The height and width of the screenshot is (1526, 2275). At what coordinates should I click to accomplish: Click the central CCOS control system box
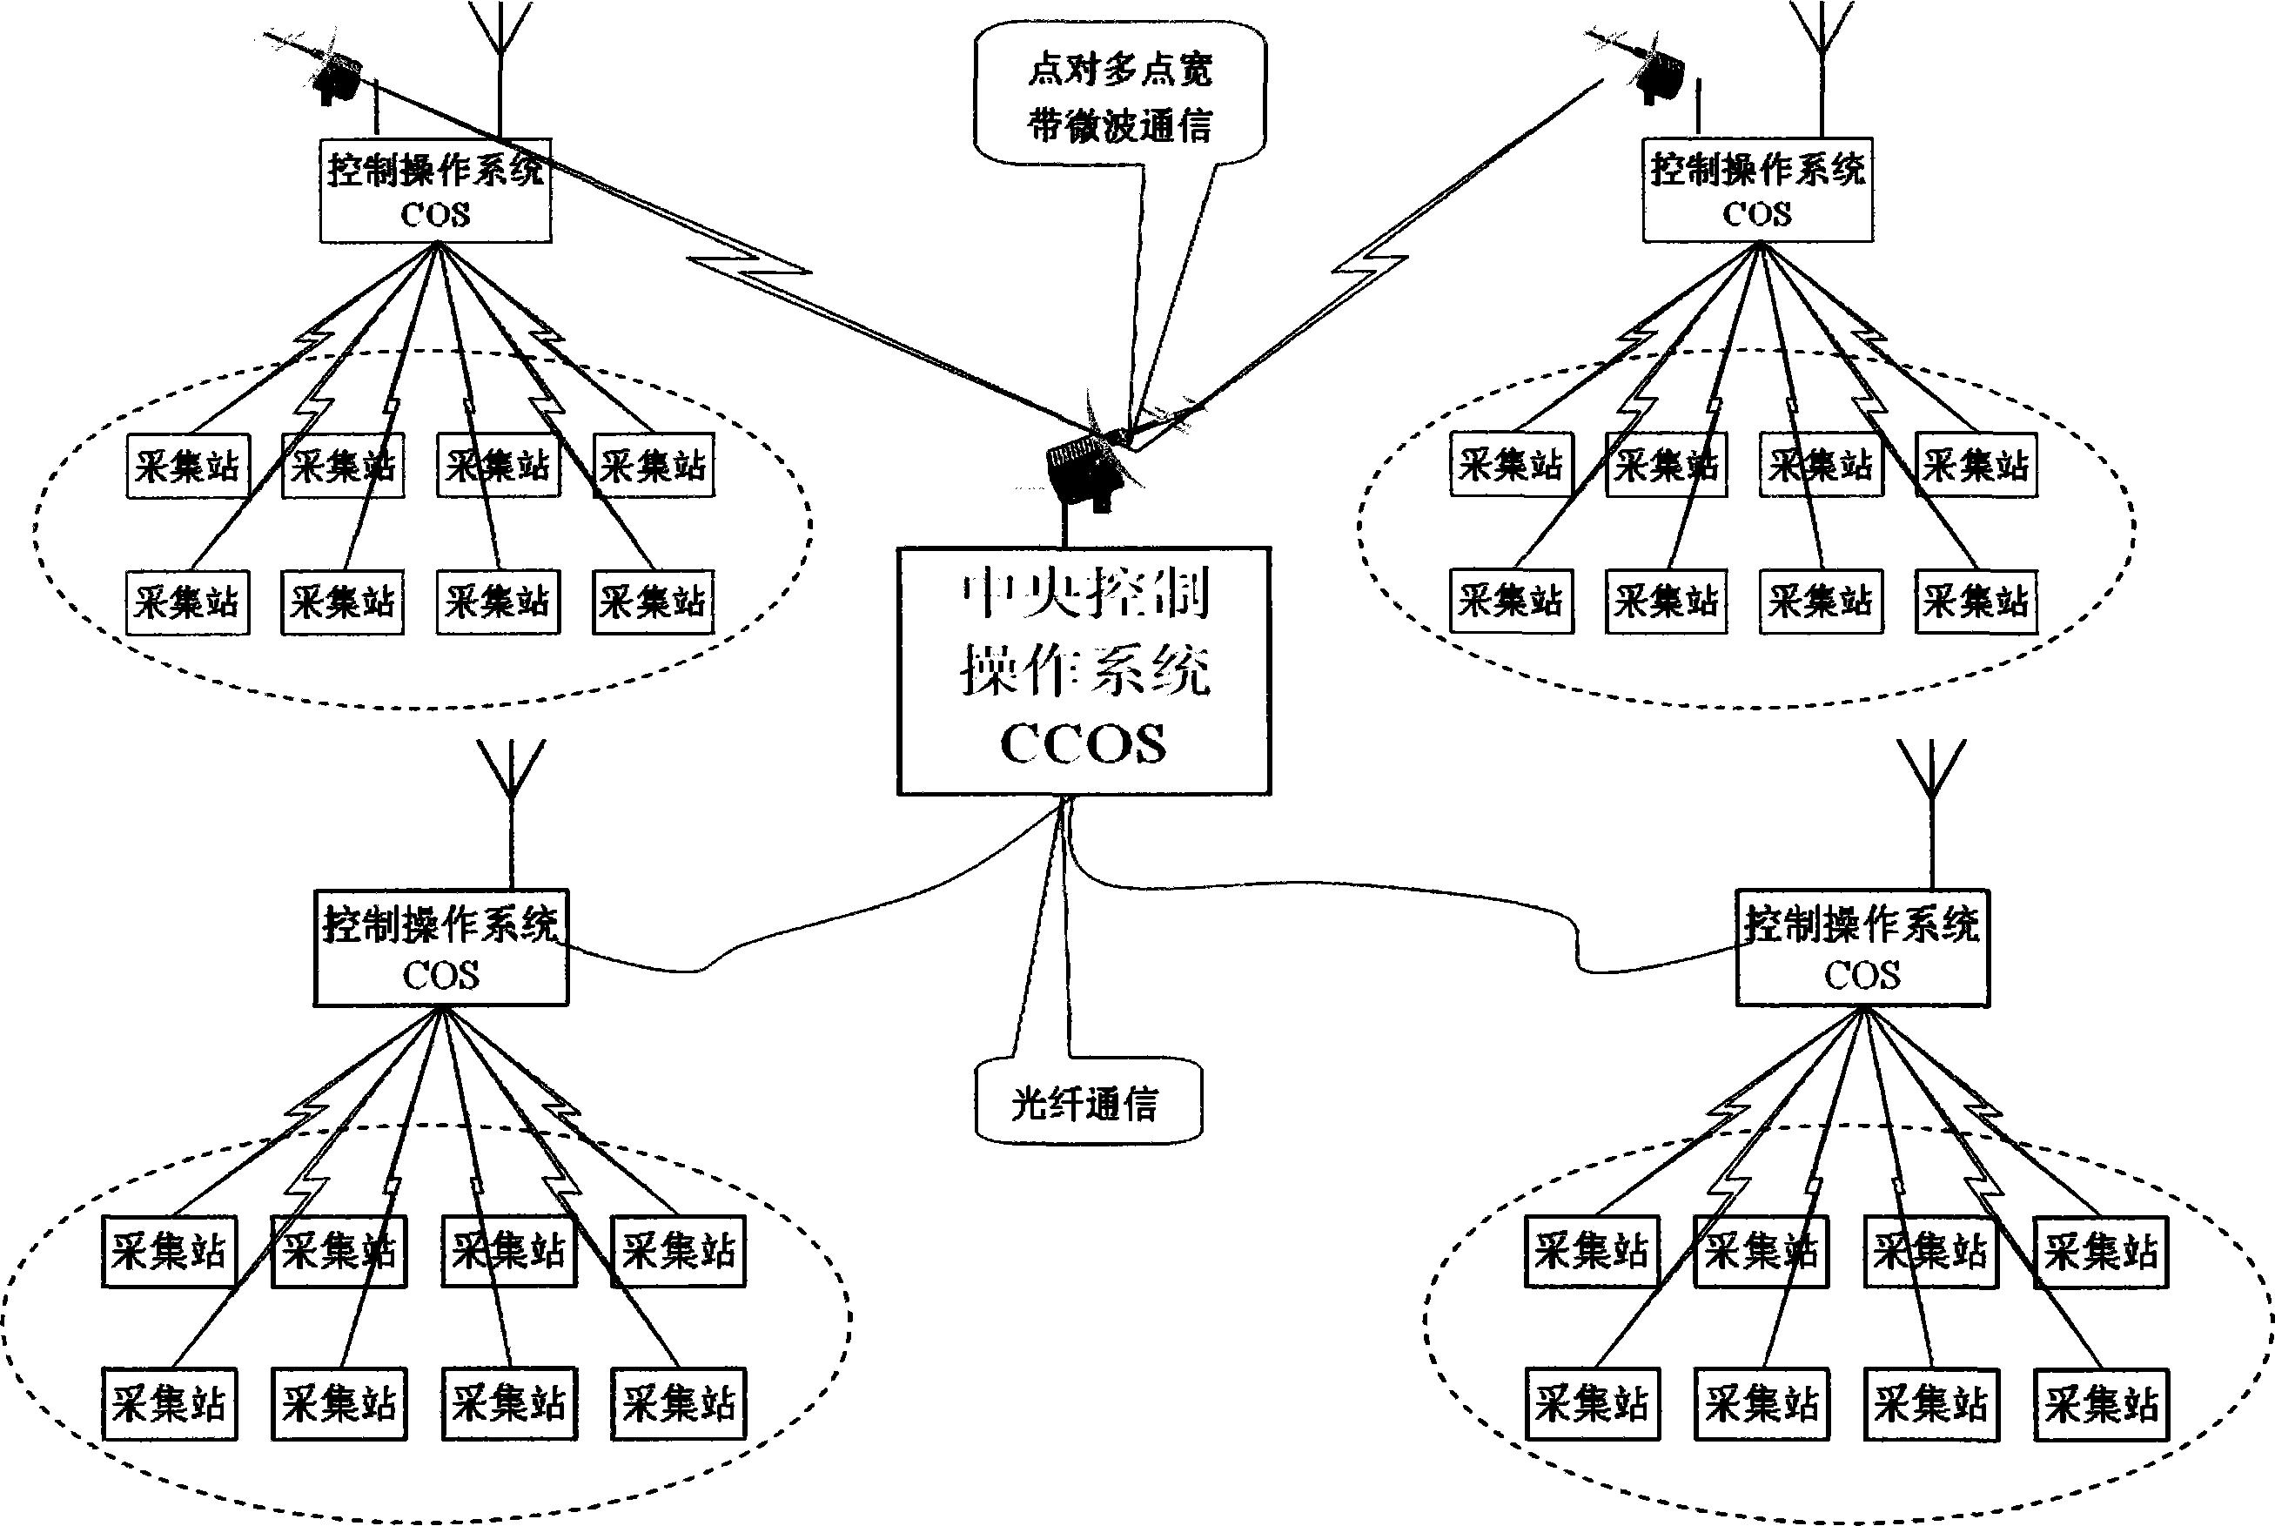[x=1083, y=670]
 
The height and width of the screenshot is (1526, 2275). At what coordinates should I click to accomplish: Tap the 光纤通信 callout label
[x=1088, y=1104]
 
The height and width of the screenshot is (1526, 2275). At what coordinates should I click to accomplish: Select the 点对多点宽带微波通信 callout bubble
[x=1119, y=98]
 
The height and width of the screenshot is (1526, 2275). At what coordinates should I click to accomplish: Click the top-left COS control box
[x=435, y=191]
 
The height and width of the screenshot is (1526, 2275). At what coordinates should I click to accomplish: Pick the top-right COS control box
[x=1756, y=191]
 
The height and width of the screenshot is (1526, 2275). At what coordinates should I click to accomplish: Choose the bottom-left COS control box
[x=440, y=947]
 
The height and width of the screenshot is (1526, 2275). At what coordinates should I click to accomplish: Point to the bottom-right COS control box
[x=1862, y=947]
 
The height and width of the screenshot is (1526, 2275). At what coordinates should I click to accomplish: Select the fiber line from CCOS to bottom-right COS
[x=1362, y=888]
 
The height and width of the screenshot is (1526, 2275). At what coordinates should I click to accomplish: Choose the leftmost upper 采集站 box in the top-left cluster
[x=187, y=467]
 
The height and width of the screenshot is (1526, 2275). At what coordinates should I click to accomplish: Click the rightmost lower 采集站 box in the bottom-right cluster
[x=2101, y=1404]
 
